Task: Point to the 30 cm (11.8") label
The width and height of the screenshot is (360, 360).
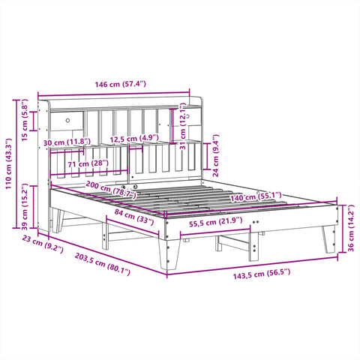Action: [67, 141]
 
